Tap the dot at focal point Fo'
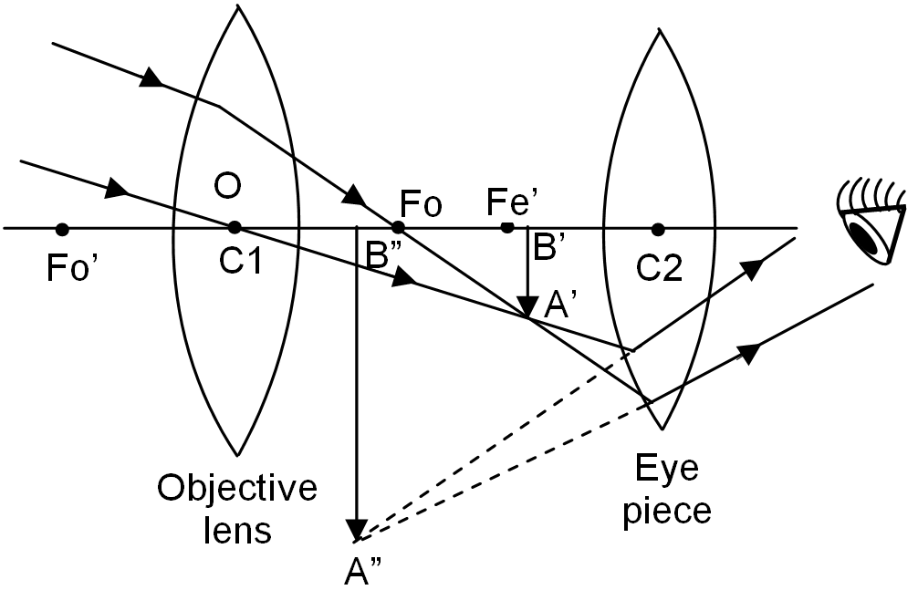(62, 230)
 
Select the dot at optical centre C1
(235, 227)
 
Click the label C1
(240, 261)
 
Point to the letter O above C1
(227, 187)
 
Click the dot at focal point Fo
(398, 227)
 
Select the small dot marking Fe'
(507, 227)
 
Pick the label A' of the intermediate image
(557, 305)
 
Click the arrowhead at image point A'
(528, 307)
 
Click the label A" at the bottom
(362, 570)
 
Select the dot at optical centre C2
(658, 229)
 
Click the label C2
(659, 269)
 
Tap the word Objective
(237, 489)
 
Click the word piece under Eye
(666, 511)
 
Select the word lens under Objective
(237, 531)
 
